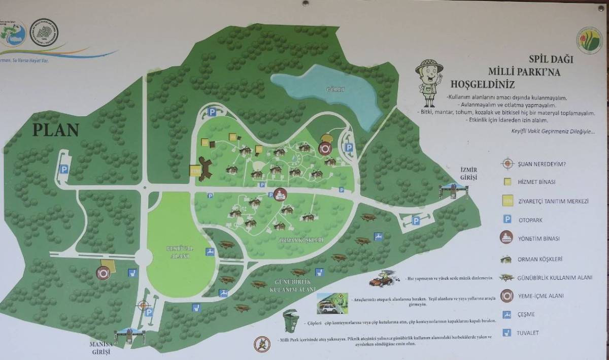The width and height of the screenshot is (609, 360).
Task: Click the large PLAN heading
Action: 56,130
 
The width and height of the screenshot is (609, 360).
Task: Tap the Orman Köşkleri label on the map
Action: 301,240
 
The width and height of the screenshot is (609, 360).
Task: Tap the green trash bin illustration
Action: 290,322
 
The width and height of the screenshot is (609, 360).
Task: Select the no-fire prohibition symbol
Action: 262,344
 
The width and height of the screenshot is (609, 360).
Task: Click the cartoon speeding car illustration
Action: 384,279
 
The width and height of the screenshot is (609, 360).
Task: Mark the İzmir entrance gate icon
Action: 453,190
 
